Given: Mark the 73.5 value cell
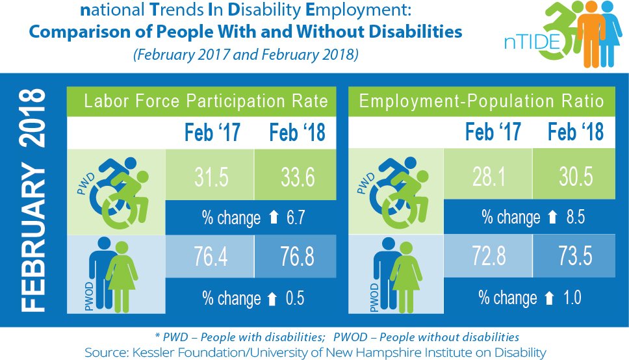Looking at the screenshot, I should tap(574, 255).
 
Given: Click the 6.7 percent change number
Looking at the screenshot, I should tap(294, 217).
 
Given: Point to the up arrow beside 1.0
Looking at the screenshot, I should tap(549, 298).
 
